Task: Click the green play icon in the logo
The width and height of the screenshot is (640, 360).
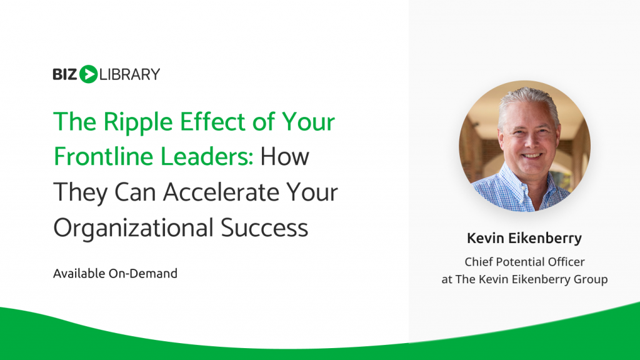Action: coord(89,74)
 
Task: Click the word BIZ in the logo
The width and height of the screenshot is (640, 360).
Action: coord(65,74)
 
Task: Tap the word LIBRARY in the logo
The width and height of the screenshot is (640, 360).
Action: coord(130,74)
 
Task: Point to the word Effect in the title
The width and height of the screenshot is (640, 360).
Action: coord(212,122)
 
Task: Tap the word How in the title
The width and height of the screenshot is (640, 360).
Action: coord(285,157)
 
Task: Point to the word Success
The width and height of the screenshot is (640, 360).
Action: coord(264,227)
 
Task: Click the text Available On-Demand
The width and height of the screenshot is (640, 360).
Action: coord(116,274)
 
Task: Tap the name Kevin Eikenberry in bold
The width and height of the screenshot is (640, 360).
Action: coord(524,239)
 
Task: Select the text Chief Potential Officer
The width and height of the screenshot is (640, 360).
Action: coord(524,262)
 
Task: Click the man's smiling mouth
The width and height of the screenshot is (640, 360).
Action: coord(532,156)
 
